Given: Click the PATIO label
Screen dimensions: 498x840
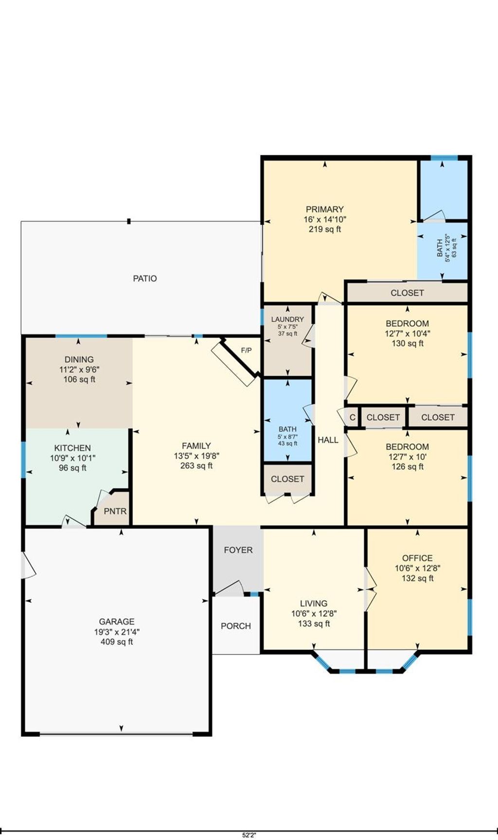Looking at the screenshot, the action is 145,278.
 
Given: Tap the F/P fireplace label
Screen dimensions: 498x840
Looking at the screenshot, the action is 247,350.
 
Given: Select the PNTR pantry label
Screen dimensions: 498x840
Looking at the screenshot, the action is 115,511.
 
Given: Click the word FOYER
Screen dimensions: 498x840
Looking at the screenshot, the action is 238,550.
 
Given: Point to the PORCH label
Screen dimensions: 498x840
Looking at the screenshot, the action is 236,626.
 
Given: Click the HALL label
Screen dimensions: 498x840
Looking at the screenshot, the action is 328,440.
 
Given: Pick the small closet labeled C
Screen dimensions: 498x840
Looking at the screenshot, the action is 353,417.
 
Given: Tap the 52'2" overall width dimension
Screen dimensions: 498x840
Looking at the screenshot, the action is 249,835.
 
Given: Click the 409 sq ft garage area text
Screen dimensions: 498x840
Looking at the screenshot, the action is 117,642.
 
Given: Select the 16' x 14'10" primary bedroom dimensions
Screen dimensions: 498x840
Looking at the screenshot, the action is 325,219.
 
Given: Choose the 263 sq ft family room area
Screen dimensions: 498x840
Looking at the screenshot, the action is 196,465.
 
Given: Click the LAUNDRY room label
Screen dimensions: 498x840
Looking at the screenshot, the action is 287,319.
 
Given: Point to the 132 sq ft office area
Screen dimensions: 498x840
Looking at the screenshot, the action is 417,578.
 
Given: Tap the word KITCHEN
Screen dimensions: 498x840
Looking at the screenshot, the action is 72,448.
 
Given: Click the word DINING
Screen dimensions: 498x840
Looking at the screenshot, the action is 79,359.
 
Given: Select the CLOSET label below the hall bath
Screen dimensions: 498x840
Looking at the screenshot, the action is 287,479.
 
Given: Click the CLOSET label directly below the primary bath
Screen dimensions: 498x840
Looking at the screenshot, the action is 407,293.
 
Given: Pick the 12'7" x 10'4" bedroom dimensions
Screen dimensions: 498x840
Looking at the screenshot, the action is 408,334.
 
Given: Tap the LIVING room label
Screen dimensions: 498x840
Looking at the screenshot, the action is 314,603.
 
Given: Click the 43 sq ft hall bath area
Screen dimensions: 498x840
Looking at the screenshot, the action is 287,443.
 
